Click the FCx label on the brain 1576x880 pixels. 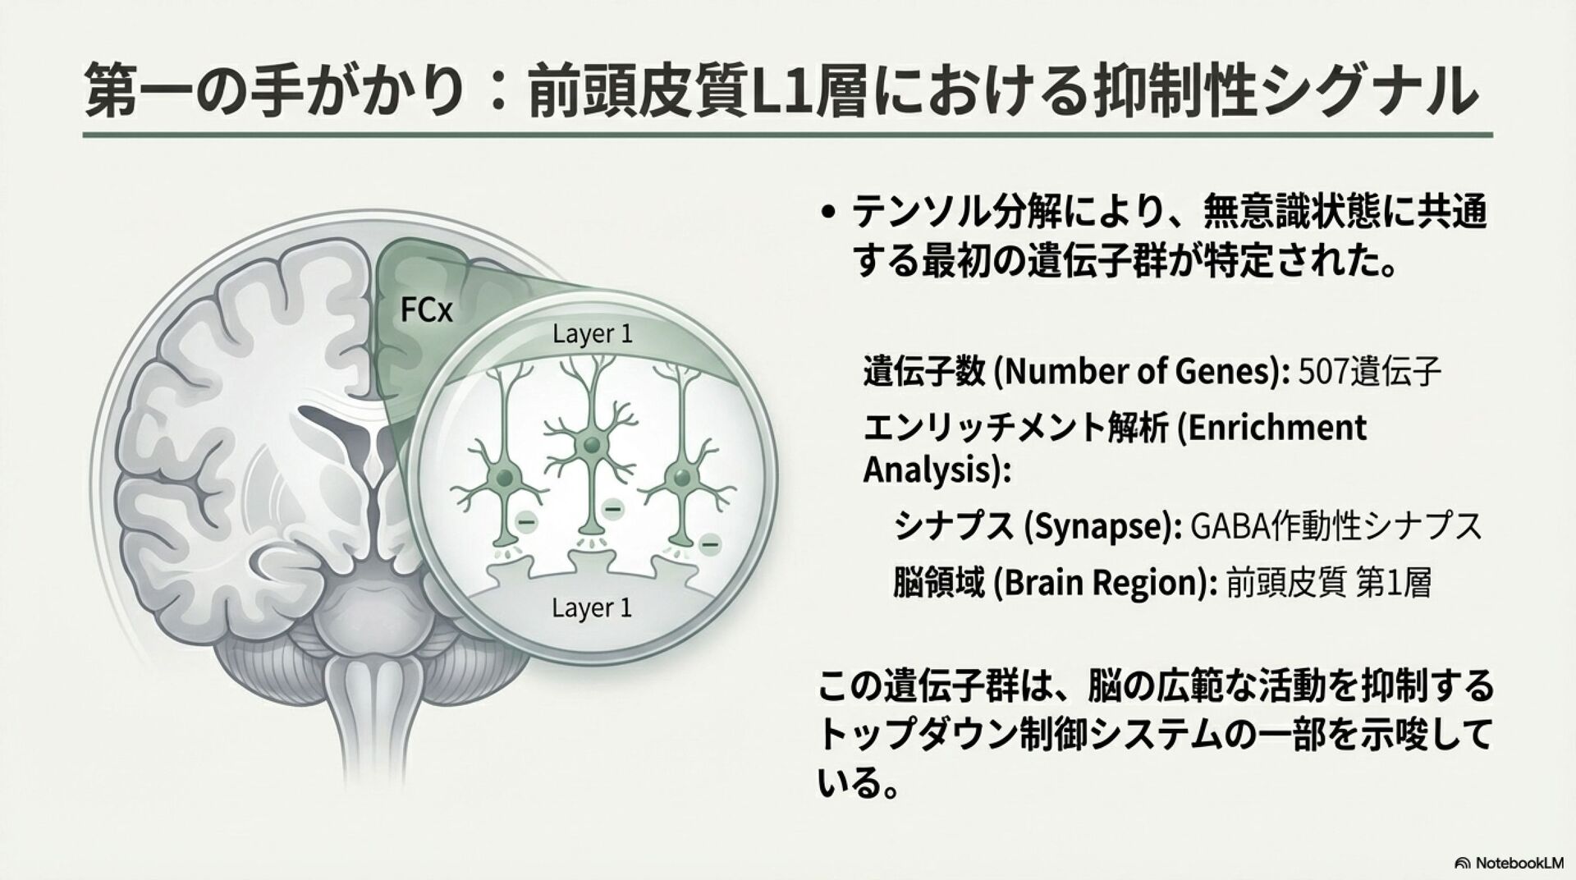click(x=426, y=310)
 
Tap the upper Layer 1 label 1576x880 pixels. click(x=593, y=335)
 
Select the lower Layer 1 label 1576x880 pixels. click(x=592, y=608)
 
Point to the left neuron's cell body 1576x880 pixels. click(x=505, y=478)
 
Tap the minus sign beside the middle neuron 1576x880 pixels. click(x=612, y=510)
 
